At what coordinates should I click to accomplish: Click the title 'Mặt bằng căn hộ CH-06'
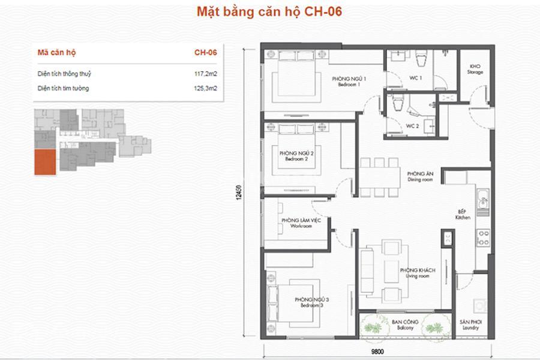(269, 12)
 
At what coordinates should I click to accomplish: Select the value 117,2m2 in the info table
(206, 74)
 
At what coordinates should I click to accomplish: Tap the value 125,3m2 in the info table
(206, 88)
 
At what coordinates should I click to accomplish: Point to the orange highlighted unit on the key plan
(45, 162)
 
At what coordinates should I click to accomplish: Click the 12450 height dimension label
(239, 192)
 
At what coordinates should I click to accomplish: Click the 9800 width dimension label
(377, 352)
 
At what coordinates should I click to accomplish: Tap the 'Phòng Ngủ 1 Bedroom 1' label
(349, 82)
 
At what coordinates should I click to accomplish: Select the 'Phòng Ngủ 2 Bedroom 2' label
(296, 156)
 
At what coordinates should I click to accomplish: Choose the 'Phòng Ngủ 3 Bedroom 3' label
(311, 302)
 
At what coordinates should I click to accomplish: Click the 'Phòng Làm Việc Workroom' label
(301, 223)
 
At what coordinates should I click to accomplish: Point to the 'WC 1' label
(415, 78)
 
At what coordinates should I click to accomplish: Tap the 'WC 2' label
(412, 126)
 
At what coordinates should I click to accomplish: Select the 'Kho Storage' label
(475, 69)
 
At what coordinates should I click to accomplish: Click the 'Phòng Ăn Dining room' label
(420, 176)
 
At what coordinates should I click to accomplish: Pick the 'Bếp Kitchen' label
(463, 215)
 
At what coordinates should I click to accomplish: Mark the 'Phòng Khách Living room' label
(418, 273)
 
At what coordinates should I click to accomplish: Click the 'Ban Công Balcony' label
(405, 325)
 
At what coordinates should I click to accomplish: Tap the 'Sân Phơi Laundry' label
(470, 325)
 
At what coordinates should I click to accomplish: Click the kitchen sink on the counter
(483, 199)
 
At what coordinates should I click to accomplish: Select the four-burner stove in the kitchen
(483, 238)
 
